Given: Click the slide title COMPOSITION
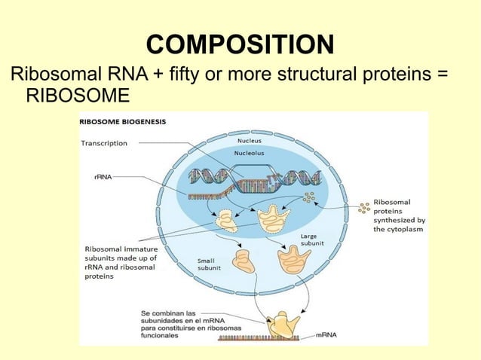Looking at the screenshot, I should click(240, 44).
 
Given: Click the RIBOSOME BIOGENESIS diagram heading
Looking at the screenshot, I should click(124, 121).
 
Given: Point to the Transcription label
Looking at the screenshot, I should click(105, 143).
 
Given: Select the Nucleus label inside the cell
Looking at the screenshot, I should click(250, 140).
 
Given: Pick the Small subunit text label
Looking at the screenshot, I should click(209, 264).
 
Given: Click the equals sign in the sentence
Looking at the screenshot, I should click(443, 76).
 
